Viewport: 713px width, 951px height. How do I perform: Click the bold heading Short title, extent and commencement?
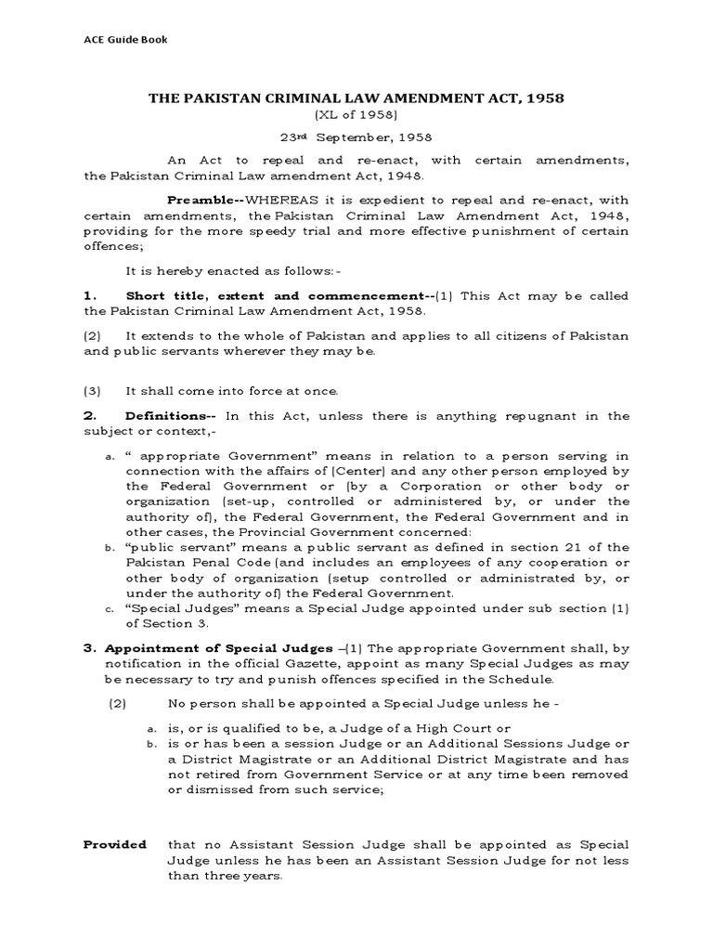pyautogui.click(x=274, y=296)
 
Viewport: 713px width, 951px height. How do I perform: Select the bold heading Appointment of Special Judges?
pyautogui.click(x=202, y=646)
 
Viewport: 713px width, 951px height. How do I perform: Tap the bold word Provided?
pyautogui.click(x=115, y=845)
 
